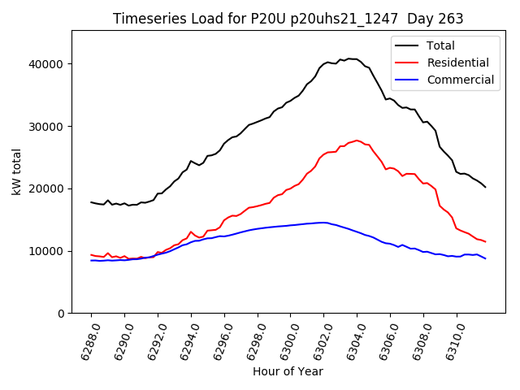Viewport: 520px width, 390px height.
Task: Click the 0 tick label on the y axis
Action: (x=62, y=314)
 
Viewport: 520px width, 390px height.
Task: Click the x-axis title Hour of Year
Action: (x=288, y=371)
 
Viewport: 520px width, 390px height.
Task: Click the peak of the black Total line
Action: (x=349, y=58)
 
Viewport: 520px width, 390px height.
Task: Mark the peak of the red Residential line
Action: (x=357, y=141)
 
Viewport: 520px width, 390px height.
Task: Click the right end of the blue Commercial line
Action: (x=485, y=258)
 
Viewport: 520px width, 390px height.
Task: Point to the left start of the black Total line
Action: (x=91, y=202)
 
